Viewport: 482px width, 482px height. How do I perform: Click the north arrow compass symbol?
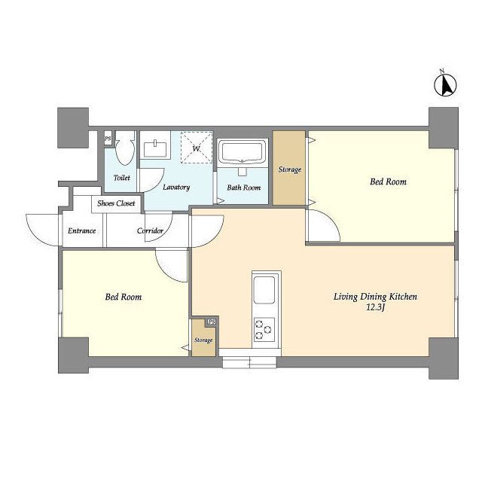[445, 84]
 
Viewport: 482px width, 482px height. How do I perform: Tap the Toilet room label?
[122, 178]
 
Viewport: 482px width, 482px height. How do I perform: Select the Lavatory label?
[176, 188]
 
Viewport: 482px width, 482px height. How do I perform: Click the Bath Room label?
[243, 188]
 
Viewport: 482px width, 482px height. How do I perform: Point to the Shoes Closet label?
[116, 203]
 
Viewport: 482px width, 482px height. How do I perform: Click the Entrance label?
[82, 230]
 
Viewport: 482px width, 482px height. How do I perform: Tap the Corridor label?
[150, 230]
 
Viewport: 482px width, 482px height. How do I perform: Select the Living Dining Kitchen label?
[375, 297]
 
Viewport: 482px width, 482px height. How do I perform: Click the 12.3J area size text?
[376, 307]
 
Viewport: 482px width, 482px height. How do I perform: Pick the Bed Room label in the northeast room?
[388, 182]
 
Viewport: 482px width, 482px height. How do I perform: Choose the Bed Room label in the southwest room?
[124, 297]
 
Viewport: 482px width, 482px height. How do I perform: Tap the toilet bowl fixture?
[125, 148]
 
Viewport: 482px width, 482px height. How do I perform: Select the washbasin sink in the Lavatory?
[155, 149]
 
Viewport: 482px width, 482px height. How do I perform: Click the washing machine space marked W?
[197, 148]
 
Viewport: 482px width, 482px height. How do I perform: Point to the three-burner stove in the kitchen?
[264, 330]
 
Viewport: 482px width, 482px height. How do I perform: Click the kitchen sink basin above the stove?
[264, 290]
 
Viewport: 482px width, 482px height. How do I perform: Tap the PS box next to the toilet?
[108, 139]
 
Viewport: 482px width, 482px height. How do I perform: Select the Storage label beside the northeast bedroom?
[289, 169]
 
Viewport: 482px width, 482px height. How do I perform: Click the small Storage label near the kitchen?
[203, 340]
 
